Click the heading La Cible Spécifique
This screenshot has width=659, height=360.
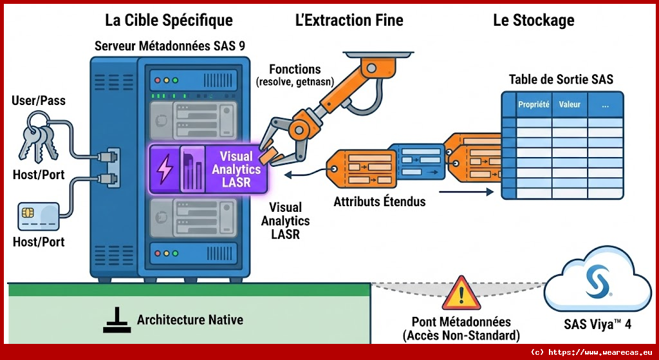pyautogui.click(x=169, y=21)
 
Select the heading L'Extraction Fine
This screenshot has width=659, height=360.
pyautogui.click(x=349, y=21)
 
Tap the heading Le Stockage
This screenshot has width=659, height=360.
pyautogui.click(x=534, y=21)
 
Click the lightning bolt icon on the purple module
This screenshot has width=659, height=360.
pyautogui.click(x=165, y=169)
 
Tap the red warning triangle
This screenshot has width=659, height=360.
pyautogui.click(x=461, y=294)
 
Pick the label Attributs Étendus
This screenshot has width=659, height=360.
pyautogui.click(x=379, y=202)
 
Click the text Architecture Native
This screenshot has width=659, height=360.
pyautogui.click(x=190, y=320)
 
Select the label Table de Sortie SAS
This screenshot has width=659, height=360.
pyautogui.click(x=561, y=79)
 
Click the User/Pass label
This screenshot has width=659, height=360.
pyautogui.click(x=38, y=101)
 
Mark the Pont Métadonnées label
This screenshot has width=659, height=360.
pyautogui.click(x=461, y=322)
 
